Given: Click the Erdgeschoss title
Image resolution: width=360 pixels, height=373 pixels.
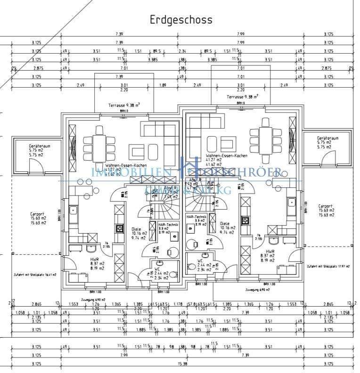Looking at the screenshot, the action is [x=181, y=20].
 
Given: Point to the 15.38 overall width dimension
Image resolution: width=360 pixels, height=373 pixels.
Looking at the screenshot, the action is [x=181, y=364].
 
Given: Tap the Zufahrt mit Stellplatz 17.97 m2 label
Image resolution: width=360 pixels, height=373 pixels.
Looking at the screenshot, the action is [x=328, y=267].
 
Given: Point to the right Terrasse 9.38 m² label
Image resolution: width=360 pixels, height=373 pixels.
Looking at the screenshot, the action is [x=242, y=97].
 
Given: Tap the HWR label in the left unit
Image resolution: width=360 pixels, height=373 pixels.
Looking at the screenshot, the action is [x=95, y=259].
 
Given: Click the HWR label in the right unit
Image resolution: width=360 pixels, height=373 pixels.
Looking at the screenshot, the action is [x=270, y=252].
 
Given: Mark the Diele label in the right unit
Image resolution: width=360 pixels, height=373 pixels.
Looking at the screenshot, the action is [x=224, y=224].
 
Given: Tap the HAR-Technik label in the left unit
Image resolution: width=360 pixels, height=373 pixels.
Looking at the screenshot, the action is [x=167, y=225].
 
